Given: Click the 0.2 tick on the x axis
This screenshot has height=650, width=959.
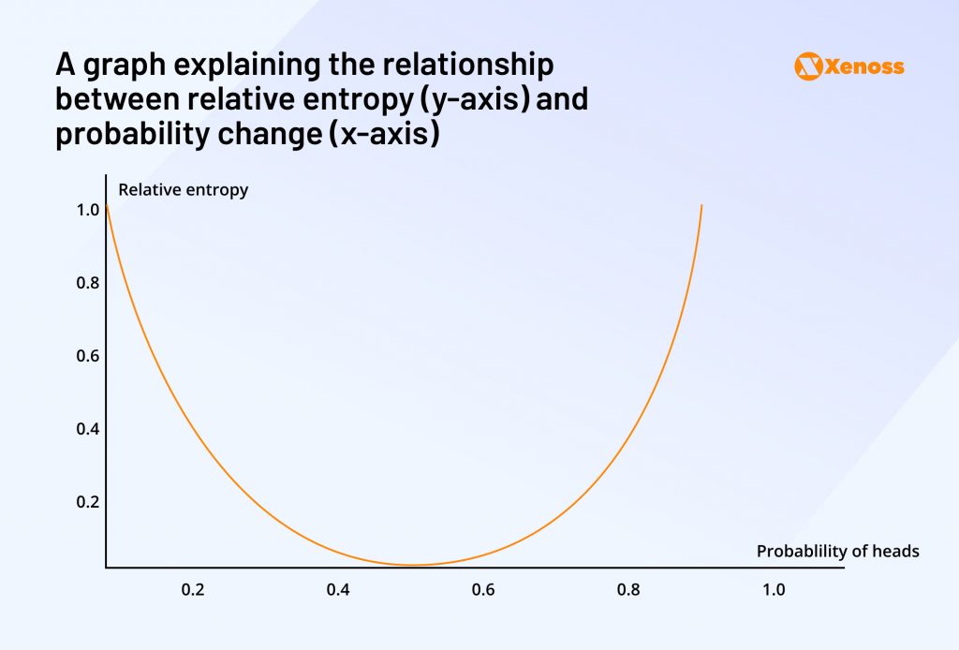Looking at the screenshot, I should click(193, 590).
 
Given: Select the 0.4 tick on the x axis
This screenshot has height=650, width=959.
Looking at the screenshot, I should click(338, 590).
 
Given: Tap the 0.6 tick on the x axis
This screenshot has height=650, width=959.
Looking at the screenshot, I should click(483, 590).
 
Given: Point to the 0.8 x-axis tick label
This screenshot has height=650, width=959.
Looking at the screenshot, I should click(628, 590).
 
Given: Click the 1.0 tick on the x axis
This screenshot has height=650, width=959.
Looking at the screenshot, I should click(774, 590).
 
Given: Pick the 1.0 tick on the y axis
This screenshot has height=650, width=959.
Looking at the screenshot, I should click(87, 211).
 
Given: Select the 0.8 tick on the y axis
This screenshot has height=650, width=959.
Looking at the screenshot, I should click(87, 283).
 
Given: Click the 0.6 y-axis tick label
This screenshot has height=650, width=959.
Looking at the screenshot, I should click(87, 356).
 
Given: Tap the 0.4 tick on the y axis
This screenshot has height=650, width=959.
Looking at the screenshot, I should click(87, 429).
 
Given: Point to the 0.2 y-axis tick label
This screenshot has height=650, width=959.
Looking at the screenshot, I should click(87, 501).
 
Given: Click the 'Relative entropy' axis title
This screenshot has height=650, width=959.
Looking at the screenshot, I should click(183, 190).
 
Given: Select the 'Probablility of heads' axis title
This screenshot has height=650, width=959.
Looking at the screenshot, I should click(837, 551).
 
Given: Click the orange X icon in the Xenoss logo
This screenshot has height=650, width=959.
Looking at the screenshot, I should click(807, 66).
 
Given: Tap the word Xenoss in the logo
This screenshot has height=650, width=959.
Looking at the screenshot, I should click(864, 66).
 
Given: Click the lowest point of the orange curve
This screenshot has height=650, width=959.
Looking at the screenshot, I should click(414, 565).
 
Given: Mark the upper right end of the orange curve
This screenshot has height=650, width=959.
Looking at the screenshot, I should click(701, 205).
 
